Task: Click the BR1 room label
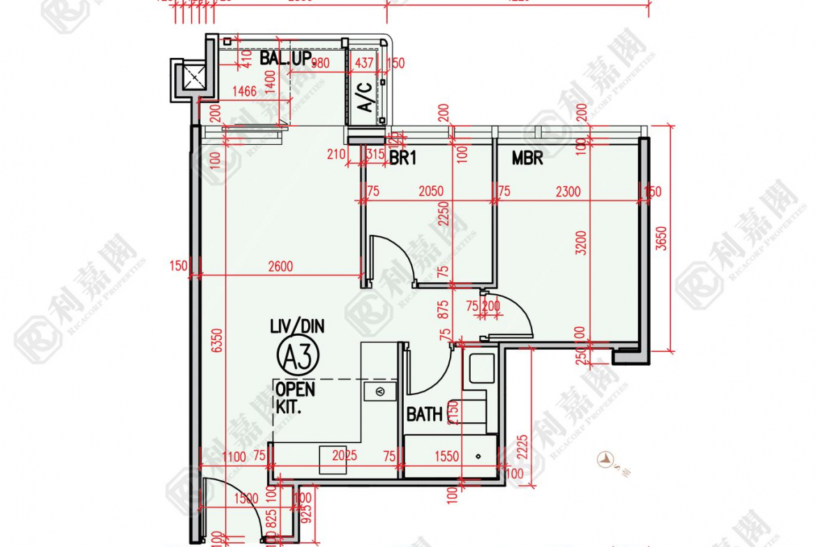click(x=402, y=159)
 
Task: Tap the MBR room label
click(x=527, y=159)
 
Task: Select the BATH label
click(x=424, y=415)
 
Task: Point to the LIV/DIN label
click(x=297, y=326)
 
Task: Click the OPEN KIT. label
click(x=294, y=398)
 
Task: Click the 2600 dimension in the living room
click(x=280, y=265)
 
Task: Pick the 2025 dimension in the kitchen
click(x=345, y=456)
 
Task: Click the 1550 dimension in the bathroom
click(x=446, y=456)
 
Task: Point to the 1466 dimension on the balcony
click(x=244, y=90)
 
